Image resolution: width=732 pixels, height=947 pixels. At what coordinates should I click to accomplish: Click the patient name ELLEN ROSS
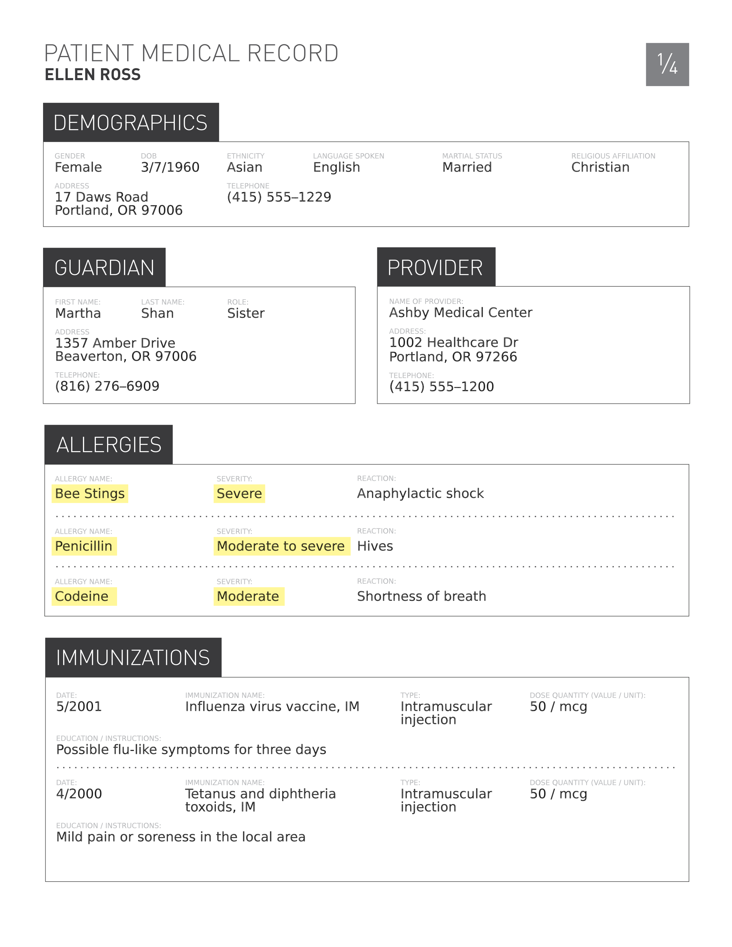coord(92,75)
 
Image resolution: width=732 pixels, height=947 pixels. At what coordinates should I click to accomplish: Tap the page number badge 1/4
coord(667,64)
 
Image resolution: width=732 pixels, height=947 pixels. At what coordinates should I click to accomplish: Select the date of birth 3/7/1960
coord(170,167)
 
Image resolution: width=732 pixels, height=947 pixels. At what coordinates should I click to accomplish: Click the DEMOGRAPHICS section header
coord(131,123)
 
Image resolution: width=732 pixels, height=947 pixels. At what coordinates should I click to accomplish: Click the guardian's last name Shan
coord(157,313)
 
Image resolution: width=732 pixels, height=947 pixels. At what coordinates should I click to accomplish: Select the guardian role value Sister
coord(245,313)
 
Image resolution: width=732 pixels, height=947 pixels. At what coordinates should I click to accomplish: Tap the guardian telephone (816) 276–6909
coord(107,386)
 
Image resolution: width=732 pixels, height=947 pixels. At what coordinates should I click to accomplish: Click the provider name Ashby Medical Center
coord(460,312)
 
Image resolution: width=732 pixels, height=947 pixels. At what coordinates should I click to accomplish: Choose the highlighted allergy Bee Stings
coord(90,494)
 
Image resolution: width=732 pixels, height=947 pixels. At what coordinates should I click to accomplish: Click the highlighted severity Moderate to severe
coord(280,546)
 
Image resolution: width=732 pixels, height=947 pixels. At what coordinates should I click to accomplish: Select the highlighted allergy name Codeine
coord(82,596)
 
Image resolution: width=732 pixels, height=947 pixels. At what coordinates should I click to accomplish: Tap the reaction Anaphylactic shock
coord(420,494)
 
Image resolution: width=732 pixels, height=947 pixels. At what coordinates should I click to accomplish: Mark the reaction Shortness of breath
coord(421,596)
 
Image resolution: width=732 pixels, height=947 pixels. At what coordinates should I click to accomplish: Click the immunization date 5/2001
coord(79,706)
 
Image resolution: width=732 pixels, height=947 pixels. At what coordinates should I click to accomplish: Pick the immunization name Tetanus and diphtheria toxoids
coord(260,800)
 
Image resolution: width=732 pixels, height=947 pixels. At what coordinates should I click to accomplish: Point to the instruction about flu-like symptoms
coord(191,749)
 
